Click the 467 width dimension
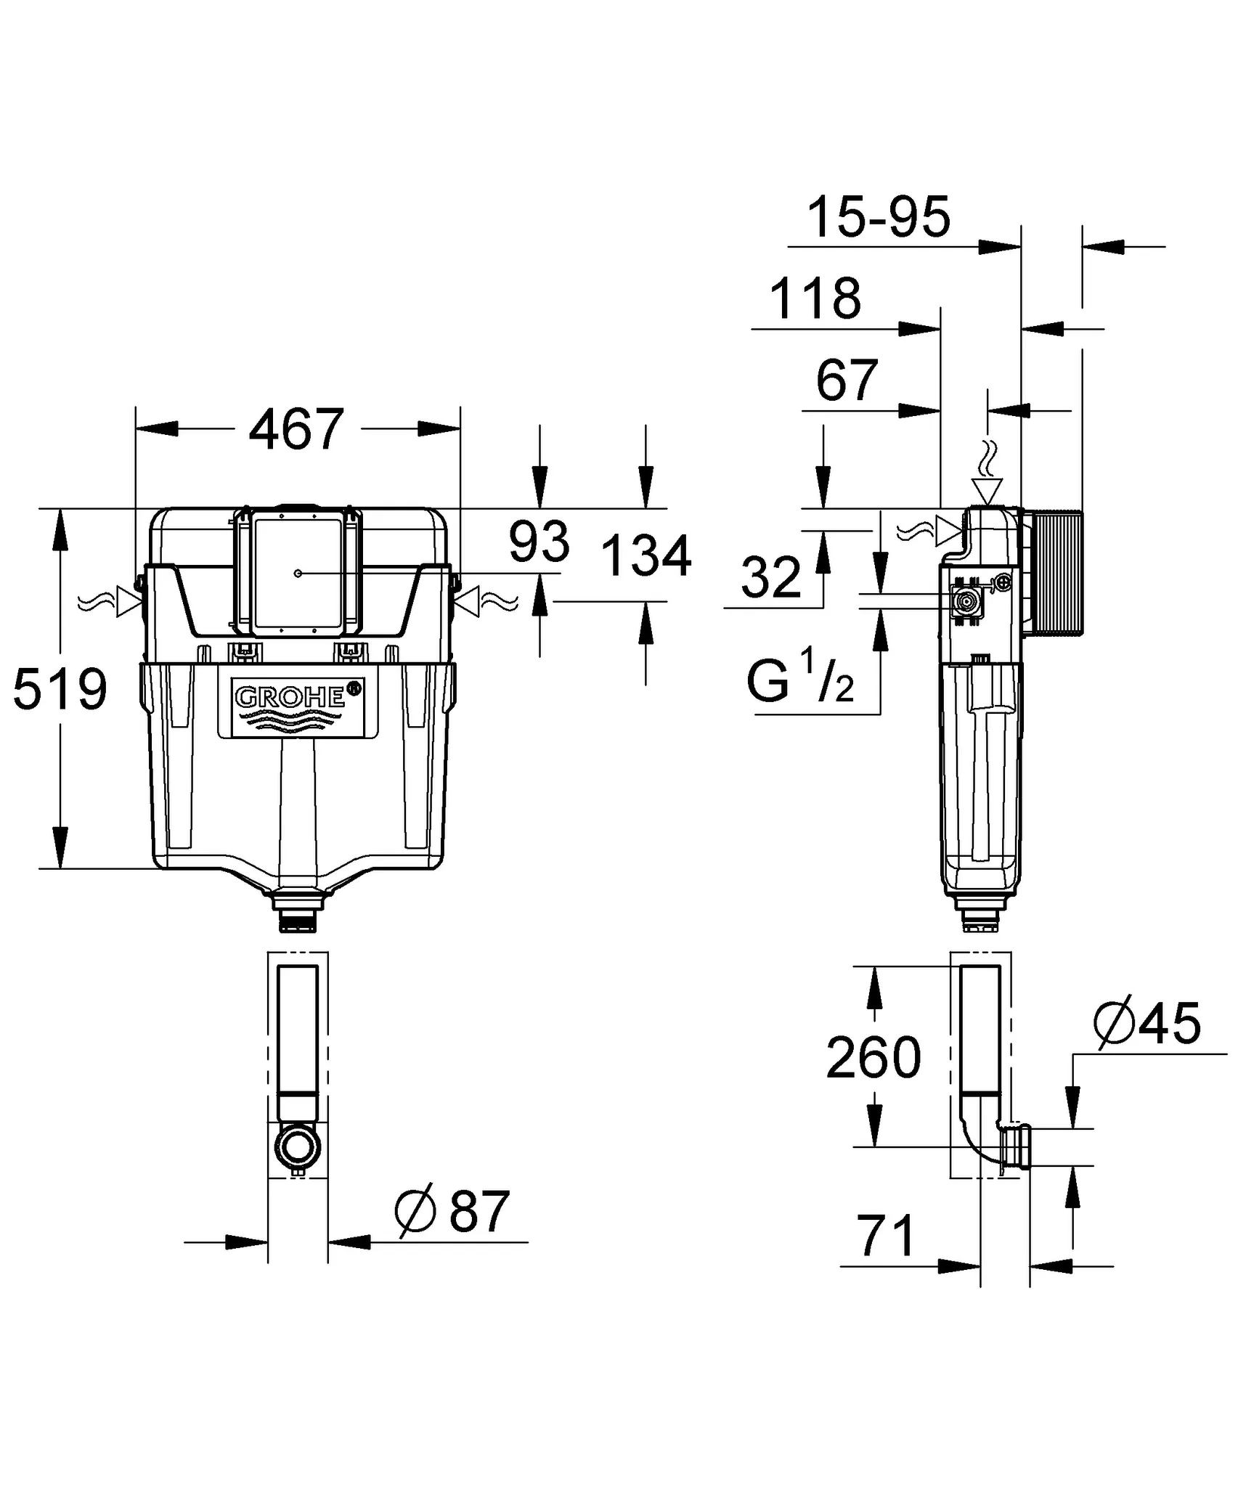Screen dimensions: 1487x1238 coord(296,429)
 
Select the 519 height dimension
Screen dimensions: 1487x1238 coord(60,689)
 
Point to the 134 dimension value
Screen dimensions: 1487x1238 coord(646,556)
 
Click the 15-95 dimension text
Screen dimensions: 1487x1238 coord(878,217)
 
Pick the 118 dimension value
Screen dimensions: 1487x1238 coord(815,298)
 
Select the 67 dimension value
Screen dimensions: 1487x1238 coord(847,380)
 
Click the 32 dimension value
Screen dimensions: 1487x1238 coord(770,578)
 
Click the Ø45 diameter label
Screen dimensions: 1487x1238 coord(1147,1024)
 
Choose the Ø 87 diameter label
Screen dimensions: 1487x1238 coord(452,1211)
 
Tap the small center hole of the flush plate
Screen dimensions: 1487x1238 coord(298,574)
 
